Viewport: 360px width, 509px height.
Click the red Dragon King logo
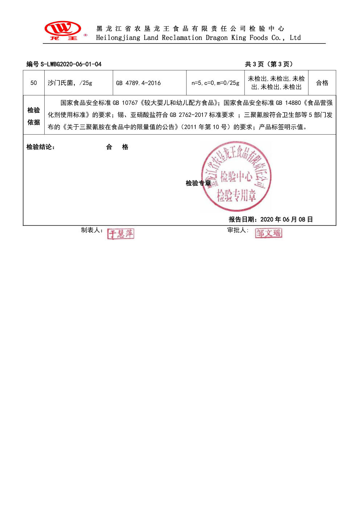point(63,30)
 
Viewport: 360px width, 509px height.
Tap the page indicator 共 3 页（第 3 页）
point(269,64)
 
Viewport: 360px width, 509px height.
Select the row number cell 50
point(34,83)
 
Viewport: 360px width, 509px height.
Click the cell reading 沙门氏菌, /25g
point(70,83)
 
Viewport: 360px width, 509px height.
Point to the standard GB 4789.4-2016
point(138,83)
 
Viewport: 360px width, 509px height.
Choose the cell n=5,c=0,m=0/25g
point(216,83)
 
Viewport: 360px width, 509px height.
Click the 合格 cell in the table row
point(322,83)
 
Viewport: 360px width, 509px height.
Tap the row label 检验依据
point(34,116)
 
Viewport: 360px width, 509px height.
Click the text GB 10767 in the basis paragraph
point(125,103)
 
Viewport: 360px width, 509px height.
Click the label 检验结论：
point(41,147)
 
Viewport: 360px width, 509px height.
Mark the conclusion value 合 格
point(117,147)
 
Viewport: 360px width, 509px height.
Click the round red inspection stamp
point(236,176)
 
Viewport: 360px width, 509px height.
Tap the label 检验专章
point(198,183)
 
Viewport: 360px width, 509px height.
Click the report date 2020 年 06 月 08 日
point(287,219)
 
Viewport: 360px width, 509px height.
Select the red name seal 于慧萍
point(120,234)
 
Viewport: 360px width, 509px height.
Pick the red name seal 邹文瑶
point(268,233)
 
